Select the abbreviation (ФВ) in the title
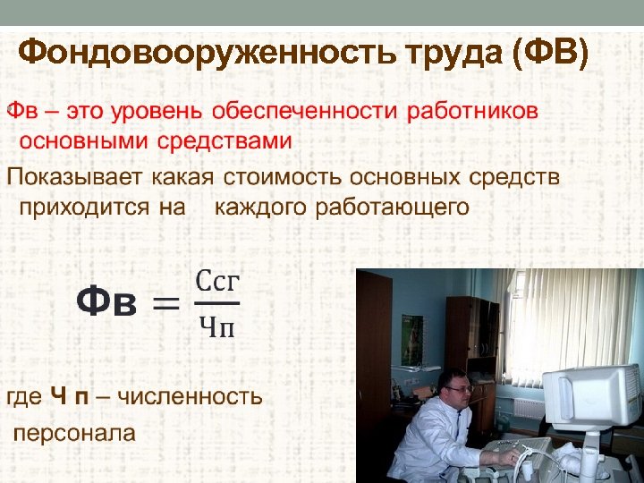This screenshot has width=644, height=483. [551, 53]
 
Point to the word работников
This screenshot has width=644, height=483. [472, 112]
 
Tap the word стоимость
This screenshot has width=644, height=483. [278, 176]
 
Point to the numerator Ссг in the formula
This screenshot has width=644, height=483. [217, 281]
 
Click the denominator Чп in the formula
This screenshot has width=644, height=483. [216, 328]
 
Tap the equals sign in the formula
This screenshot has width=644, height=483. [164, 304]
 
